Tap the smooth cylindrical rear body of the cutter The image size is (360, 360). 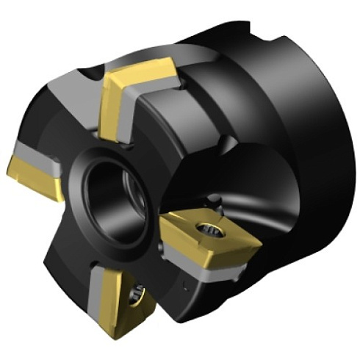[294, 147]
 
